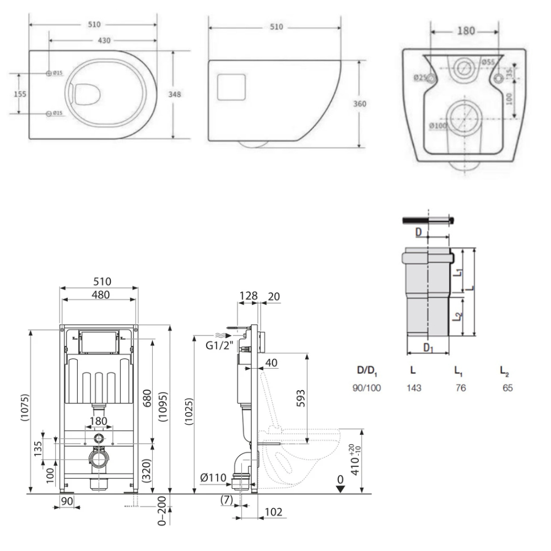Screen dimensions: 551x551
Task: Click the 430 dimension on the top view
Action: point(104,41)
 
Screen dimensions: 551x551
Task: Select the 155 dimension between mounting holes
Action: point(20,94)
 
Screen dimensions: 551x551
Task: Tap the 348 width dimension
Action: point(175,94)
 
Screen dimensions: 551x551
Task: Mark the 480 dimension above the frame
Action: point(100,295)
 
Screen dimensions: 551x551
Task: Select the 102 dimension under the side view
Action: point(274,512)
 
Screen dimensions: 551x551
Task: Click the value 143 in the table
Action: point(414,388)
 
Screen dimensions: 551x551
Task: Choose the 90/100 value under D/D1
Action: point(366,388)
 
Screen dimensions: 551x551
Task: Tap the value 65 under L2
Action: point(507,388)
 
